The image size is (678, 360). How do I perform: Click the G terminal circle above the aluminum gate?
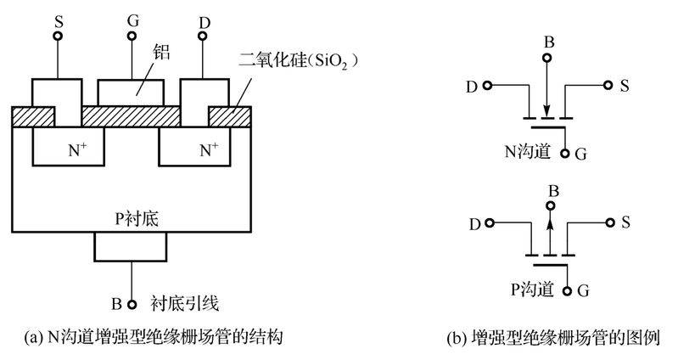pyautogui.click(x=132, y=37)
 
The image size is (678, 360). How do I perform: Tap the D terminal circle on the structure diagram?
pyautogui.click(x=205, y=37)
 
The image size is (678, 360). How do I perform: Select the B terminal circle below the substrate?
pyautogui.click(x=132, y=301)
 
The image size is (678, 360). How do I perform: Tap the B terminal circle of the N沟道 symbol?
pyautogui.click(x=548, y=57)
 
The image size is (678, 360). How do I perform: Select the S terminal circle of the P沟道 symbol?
pyautogui.click(x=609, y=224)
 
